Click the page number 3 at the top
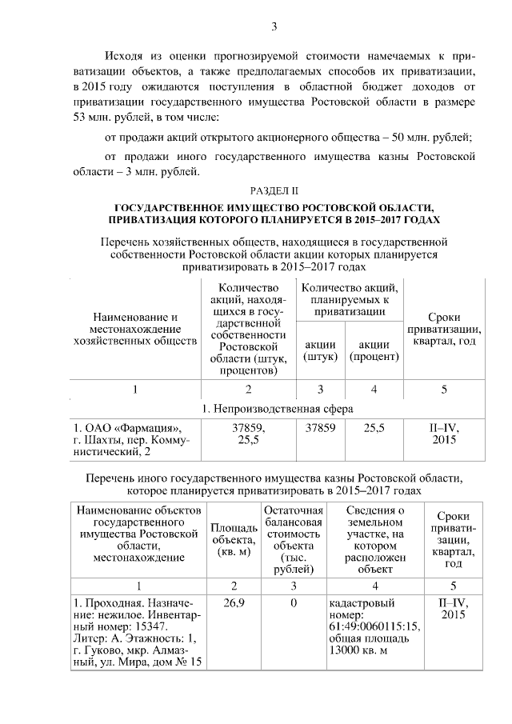[x=274, y=27]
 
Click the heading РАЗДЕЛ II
[x=274, y=190]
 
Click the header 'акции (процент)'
[x=374, y=350]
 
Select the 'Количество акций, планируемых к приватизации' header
[x=349, y=299]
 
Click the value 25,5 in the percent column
[x=374, y=428]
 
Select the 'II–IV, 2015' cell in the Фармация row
[x=443, y=434]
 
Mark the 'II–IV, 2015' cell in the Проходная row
[x=454, y=607]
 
